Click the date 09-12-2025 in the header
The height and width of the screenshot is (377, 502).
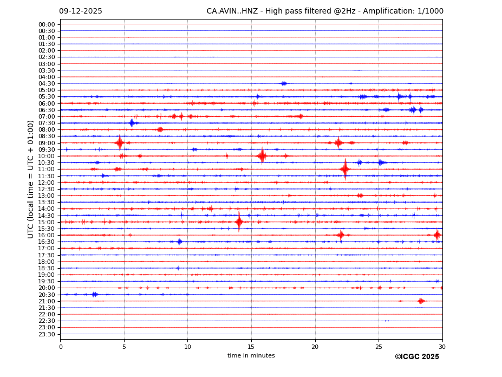(x=80, y=11)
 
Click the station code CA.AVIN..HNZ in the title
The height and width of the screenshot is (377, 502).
(x=232, y=11)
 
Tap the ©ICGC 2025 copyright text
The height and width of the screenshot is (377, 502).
(x=416, y=357)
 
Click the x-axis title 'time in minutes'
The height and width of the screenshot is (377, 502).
(x=251, y=356)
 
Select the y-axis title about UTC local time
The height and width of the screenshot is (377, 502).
(x=31, y=179)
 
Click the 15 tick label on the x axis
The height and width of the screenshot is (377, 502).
(x=251, y=347)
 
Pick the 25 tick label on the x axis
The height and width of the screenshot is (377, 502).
(x=379, y=347)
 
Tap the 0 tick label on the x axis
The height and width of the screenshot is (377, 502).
(x=61, y=347)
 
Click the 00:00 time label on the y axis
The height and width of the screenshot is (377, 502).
(x=47, y=24)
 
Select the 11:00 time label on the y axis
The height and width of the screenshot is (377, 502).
(x=47, y=170)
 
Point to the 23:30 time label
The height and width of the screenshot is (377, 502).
(x=47, y=334)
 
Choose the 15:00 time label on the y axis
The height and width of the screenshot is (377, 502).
(x=47, y=222)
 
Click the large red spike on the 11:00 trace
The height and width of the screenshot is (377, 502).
(x=345, y=170)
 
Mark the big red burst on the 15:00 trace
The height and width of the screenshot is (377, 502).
(x=239, y=222)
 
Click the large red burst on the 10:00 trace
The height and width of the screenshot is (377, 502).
(x=262, y=156)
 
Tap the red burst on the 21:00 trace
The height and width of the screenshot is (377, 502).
(x=421, y=301)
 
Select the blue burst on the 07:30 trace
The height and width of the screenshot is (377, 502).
(x=132, y=123)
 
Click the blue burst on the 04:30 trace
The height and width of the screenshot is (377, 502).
(x=283, y=83)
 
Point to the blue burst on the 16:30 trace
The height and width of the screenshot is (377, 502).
(x=179, y=242)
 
